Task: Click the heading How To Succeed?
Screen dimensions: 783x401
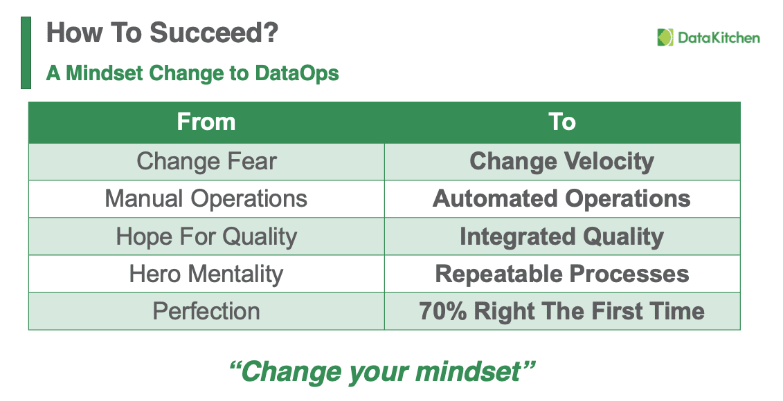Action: pyautogui.click(x=162, y=33)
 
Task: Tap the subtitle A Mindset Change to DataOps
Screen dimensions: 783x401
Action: pyautogui.click(x=192, y=73)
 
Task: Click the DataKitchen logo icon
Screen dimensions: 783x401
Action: pyautogui.click(x=665, y=38)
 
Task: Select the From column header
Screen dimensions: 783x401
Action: pyautogui.click(x=206, y=122)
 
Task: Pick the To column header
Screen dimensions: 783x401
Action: pyautogui.click(x=562, y=122)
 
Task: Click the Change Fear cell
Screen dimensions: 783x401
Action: pyautogui.click(x=206, y=162)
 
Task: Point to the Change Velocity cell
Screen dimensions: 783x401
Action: pyautogui.click(x=562, y=162)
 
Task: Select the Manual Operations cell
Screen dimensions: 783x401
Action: pyautogui.click(x=206, y=199)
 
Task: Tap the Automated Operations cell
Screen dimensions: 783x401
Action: pyautogui.click(x=562, y=199)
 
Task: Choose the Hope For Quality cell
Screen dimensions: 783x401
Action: pyautogui.click(x=206, y=236)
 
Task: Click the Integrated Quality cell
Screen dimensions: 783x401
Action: pyautogui.click(x=562, y=236)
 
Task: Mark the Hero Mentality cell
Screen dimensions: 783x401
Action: pyautogui.click(x=206, y=274)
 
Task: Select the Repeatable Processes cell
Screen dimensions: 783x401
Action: pyautogui.click(x=562, y=274)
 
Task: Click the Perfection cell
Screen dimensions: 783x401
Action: pyautogui.click(x=206, y=311)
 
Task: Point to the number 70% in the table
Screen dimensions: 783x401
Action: pyautogui.click(x=443, y=310)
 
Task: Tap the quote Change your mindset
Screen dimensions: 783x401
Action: pyautogui.click(x=383, y=372)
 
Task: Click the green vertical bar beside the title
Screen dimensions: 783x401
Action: pyautogui.click(x=26, y=53)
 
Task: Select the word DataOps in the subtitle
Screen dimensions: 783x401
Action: pyautogui.click(x=297, y=74)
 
